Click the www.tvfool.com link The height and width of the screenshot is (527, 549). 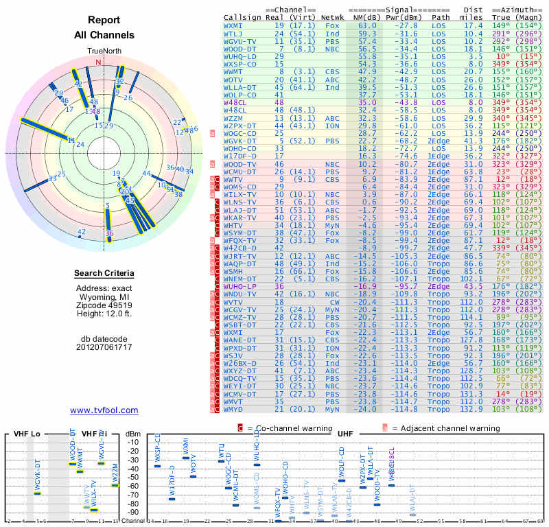[104, 410]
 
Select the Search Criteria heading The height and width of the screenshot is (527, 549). [104, 274]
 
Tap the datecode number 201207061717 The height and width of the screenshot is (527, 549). [104, 347]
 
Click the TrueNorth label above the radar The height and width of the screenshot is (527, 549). [104, 51]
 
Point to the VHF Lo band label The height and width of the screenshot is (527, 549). [26, 434]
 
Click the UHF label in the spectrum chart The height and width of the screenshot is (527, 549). [346, 434]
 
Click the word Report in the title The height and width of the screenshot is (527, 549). [104, 21]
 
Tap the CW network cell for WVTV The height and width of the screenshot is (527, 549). [333, 301]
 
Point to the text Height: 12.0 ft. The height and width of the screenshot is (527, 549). [104, 314]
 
